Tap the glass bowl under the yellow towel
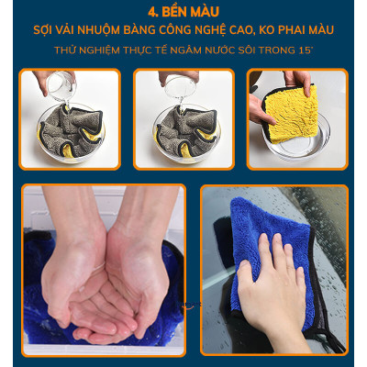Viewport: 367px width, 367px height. point(298,147)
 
